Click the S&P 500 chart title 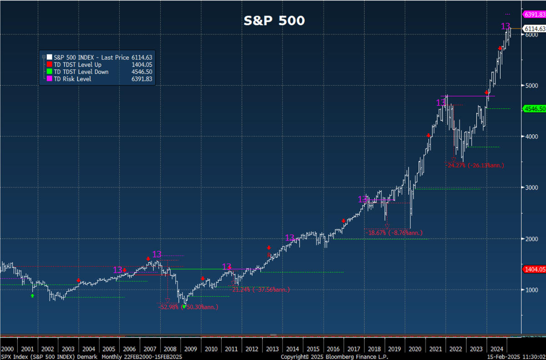[274, 20]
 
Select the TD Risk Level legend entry [72, 79]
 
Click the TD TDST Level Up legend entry [77, 65]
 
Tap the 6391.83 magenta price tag [535, 14]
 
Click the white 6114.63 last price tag [535, 29]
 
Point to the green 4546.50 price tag [535, 109]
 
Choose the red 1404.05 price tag [535, 269]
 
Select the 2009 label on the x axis [191, 349]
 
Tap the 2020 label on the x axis [415, 349]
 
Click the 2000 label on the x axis [8, 349]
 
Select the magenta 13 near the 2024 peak [506, 25]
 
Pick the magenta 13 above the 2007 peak [157, 254]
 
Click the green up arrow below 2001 [32, 296]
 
